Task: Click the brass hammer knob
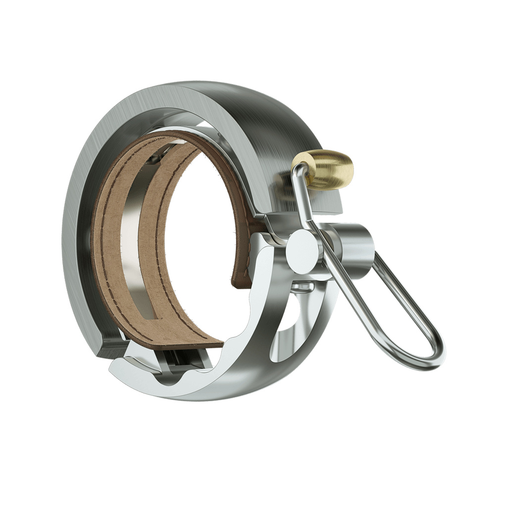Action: coord(327,169)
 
